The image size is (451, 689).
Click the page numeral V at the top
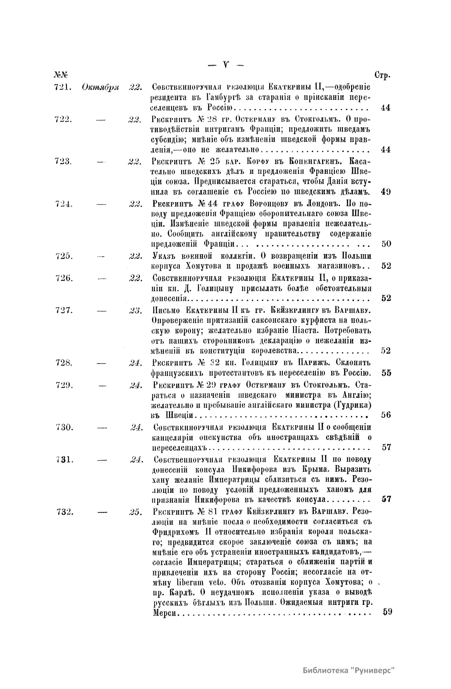225,65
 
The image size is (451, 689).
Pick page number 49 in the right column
386,192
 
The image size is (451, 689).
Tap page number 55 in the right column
386,373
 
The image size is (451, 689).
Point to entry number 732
65,512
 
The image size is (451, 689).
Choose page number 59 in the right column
387,612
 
